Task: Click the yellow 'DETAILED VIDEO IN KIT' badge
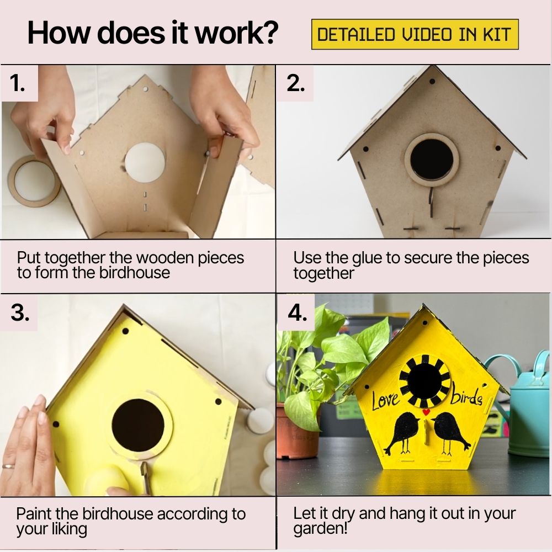point(415,35)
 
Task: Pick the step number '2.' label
point(296,83)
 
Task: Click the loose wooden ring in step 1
point(33,180)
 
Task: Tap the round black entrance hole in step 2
point(432,159)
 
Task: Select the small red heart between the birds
point(425,412)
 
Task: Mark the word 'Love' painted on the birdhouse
point(385,400)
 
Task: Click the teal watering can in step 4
point(527,408)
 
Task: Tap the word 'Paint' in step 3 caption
point(35,514)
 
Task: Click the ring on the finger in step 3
point(8,466)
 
